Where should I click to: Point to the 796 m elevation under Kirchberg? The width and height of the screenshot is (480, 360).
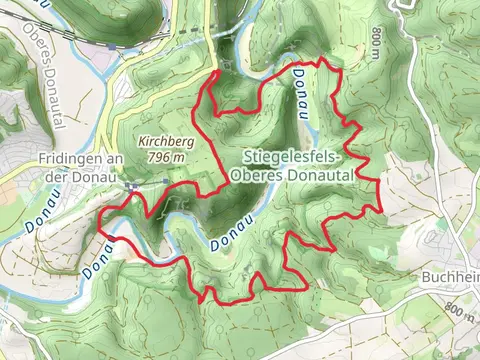[166, 157]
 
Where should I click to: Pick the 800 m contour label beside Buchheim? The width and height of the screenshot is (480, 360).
[459, 311]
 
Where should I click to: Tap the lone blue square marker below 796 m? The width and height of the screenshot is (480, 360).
[166, 182]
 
